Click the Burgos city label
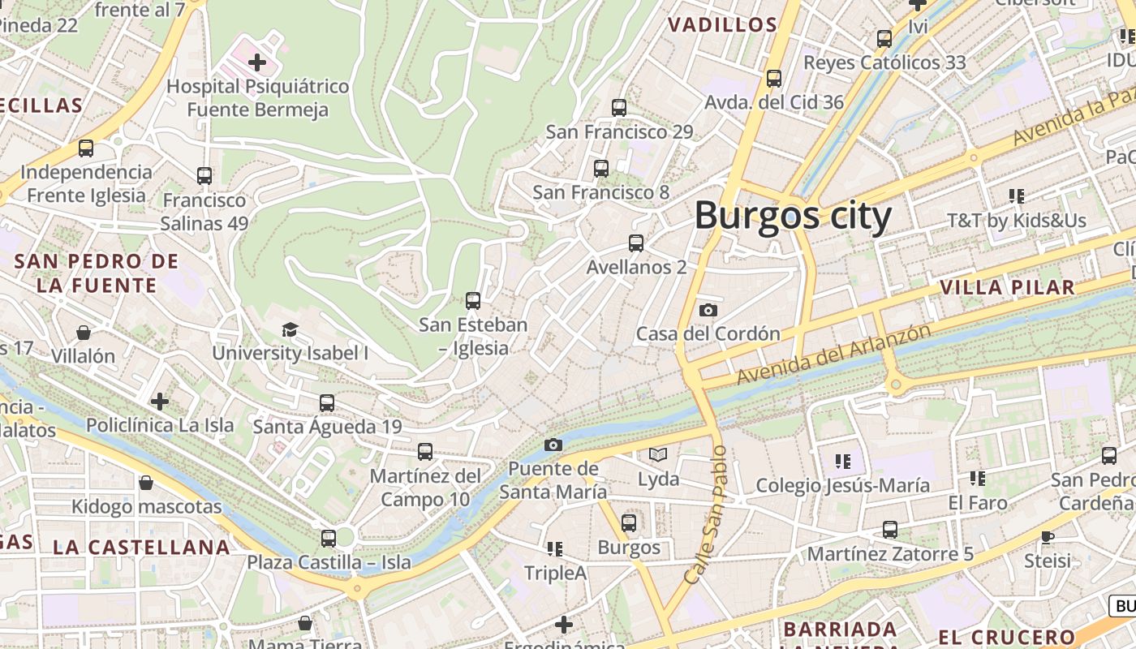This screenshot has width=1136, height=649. [793, 217]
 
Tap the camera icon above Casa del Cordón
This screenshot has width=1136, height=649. [708, 310]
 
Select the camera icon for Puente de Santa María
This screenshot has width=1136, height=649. [553, 445]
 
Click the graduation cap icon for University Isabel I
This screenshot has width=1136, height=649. [290, 329]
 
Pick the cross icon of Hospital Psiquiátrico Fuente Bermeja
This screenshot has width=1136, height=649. [257, 62]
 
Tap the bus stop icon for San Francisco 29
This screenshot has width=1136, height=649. [619, 107]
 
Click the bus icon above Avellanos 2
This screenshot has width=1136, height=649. [636, 243]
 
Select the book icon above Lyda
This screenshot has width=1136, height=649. [657, 455]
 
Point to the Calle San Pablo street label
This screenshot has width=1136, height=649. [704, 514]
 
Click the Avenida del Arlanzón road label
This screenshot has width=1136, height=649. [833, 355]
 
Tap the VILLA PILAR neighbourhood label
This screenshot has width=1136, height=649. [1007, 287]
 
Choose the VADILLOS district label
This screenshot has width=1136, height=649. [723, 25]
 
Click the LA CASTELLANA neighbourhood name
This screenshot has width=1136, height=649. [142, 547]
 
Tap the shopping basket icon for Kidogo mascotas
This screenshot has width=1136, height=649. [146, 483]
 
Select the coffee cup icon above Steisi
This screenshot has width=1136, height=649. [1047, 536]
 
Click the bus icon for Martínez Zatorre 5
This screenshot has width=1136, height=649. [890, 530]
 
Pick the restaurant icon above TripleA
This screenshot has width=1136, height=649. [555, 549]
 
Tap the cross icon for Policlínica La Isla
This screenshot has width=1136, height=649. [160, 401]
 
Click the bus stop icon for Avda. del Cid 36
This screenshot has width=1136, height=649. [774, 79]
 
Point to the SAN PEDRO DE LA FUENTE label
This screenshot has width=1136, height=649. [97, 273]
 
